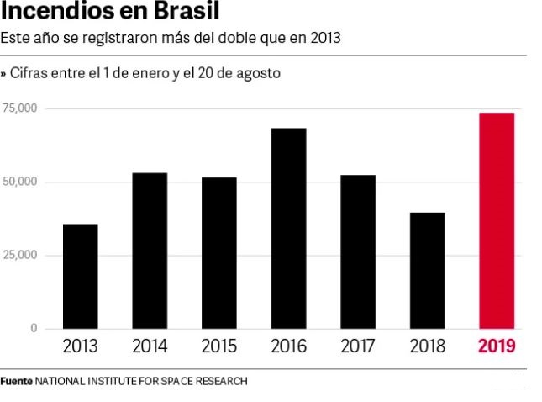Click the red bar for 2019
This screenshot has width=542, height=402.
(496, 220)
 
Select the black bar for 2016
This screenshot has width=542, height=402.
(288, 228)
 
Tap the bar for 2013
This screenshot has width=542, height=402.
(80, 276)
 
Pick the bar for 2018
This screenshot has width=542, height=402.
(427, 270)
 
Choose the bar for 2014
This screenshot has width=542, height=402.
(150, 251)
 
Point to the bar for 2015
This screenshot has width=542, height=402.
(218, 252)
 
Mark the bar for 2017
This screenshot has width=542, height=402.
(358, 251)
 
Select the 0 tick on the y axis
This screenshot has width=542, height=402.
(34, 328)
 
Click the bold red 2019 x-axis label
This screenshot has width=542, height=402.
(496, 346)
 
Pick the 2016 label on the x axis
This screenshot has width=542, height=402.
(288, 346)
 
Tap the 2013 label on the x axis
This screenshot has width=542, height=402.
(80, 346)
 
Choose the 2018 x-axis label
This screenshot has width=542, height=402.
(427, 346)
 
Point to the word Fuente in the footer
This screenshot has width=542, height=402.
(16, 381)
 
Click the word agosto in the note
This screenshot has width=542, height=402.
(258, 74)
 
